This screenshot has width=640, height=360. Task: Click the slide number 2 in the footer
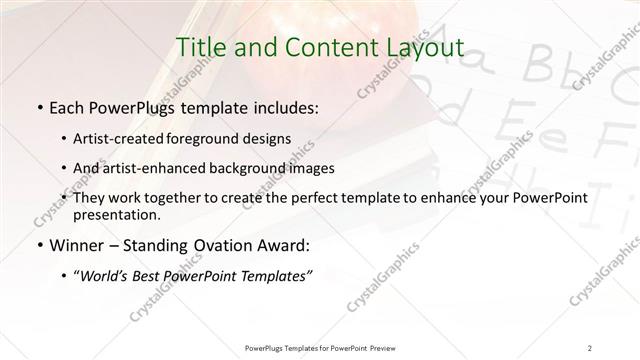(x=590, y=347)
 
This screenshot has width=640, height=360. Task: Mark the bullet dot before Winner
(x=38, y=245)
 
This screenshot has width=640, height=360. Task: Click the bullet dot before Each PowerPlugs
(x=38, y=106)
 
